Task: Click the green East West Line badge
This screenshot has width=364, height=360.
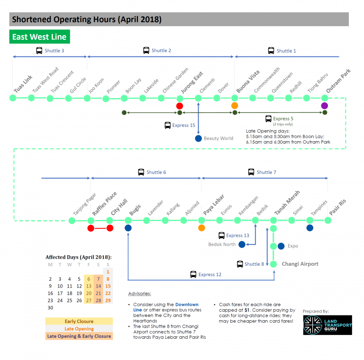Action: pyautogui.click(x=39, y=37)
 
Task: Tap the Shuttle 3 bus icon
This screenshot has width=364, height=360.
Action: pyautogui.click(x=39, y=51)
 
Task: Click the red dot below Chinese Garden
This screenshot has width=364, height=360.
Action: pyautogui.click(x=180, y=106)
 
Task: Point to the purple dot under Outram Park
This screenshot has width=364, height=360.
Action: pyautogui.click(x=325, y=106)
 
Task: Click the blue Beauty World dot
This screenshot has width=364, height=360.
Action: pyautogui.click(x=198, y=138)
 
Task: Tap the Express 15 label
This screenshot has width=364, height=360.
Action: pyautogui.click(x=183, y=126)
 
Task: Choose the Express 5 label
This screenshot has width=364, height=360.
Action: pyautogui.click(x=283, y=118)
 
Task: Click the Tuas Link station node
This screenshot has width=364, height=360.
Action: pyautogui.click(x=13, y=98)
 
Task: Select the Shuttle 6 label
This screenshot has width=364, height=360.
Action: pyautogui.click(x=156, y=172)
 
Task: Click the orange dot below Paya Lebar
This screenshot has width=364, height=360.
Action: pyautogui.click(x=201, y=228)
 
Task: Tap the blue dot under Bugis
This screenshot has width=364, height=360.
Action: pyautogui.click(x=128, y=228)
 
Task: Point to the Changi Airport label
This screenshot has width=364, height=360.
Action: pyautogui.click(x=300, y=264)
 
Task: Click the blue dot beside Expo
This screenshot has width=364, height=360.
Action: pyautogui.click(x=281, y=246)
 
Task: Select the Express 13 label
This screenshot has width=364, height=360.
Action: pyautogui.click(x=237, y=235)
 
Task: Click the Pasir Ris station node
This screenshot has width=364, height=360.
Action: pyautogui.click(x=328, y=220)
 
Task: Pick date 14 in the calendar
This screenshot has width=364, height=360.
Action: pyautogui.click(x=98, y=286)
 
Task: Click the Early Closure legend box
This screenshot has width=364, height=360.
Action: pyautogui.click(x=79, y=321)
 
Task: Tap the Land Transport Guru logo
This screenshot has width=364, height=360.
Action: pyautogui.click(x=327, y=325)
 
